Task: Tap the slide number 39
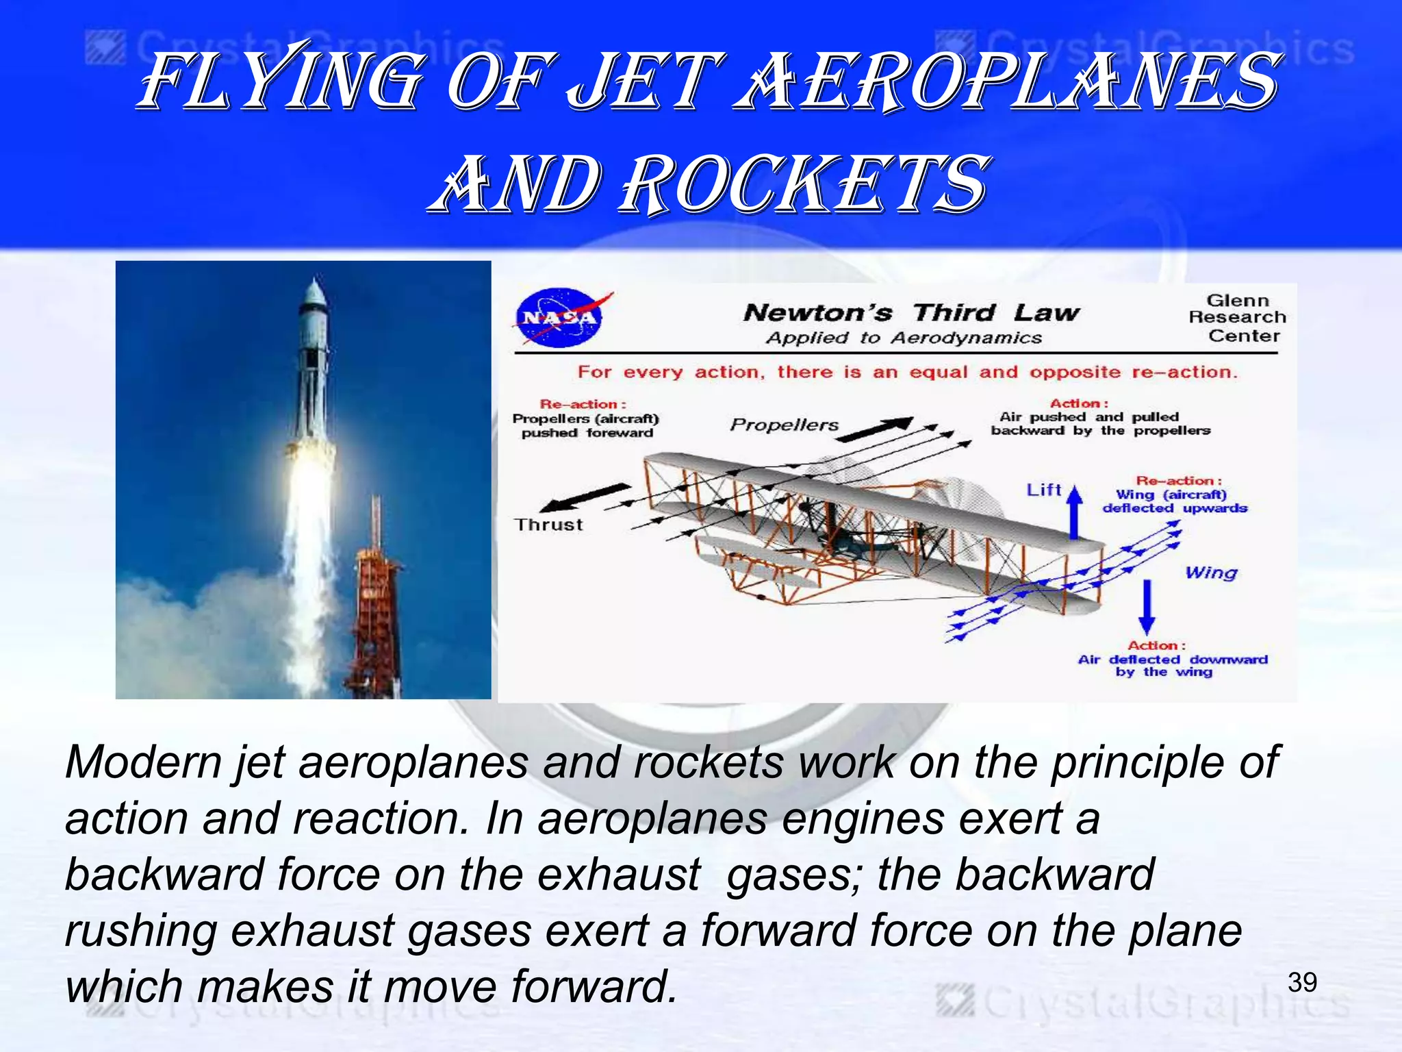[x=1301, y=982]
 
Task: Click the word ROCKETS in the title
[x=804, y=183]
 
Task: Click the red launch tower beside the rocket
[x=374, y=610]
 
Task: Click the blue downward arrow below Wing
[x=1147, y=607]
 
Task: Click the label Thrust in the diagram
[x=548, y=525]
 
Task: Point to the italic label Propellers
[x=784, y=425]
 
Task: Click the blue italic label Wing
[x=1211, y=572]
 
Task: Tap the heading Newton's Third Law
[x=911, y=313]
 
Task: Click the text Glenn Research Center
[x=1237, y=318]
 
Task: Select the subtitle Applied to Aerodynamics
[x=904, y=338]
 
